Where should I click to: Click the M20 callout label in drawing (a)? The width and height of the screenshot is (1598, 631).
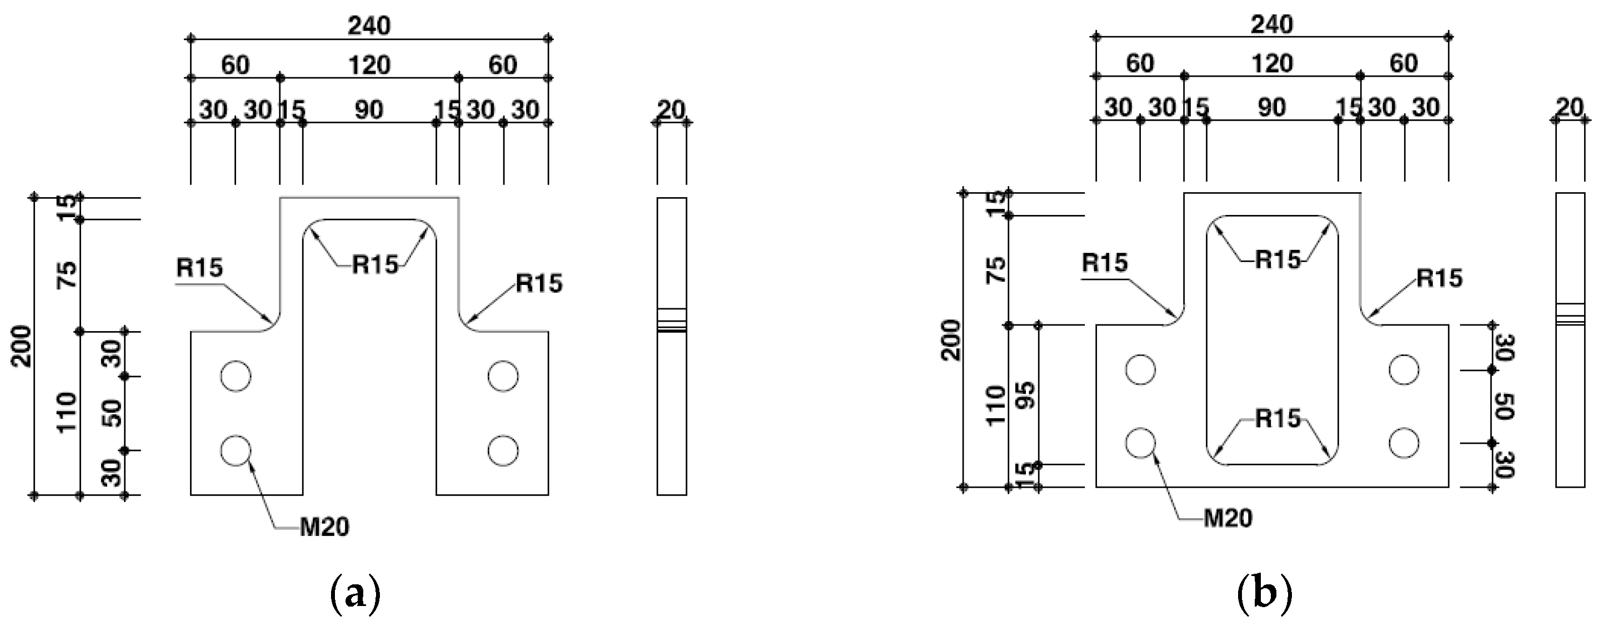tap(324, 527)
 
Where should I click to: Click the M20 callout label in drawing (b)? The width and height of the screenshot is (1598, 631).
tap(1228, 518)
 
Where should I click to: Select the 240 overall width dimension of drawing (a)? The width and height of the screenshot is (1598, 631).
tap(369, 26)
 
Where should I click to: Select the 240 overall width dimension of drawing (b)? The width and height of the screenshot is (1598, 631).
tap(1272, 25)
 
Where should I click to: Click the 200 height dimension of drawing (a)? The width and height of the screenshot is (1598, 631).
tap(23, 345)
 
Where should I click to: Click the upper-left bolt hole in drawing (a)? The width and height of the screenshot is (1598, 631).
tap(236, 376)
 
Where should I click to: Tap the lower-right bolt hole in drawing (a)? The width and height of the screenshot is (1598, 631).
tap(503, 450)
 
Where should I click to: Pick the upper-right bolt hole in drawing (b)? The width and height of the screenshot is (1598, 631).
tap(1404, 370)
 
